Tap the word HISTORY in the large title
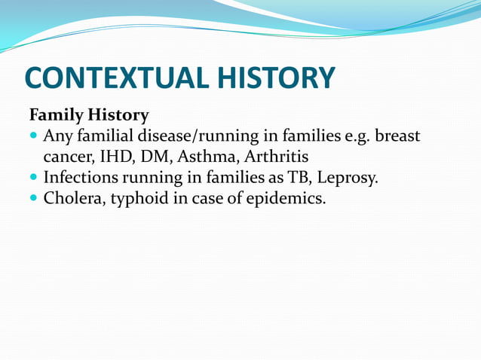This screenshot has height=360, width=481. [x=277, y=78]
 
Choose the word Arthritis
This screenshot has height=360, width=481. [x=277, y=157]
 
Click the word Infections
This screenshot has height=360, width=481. [x=82, y=178]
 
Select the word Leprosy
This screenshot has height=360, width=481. [x=350, y=179]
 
